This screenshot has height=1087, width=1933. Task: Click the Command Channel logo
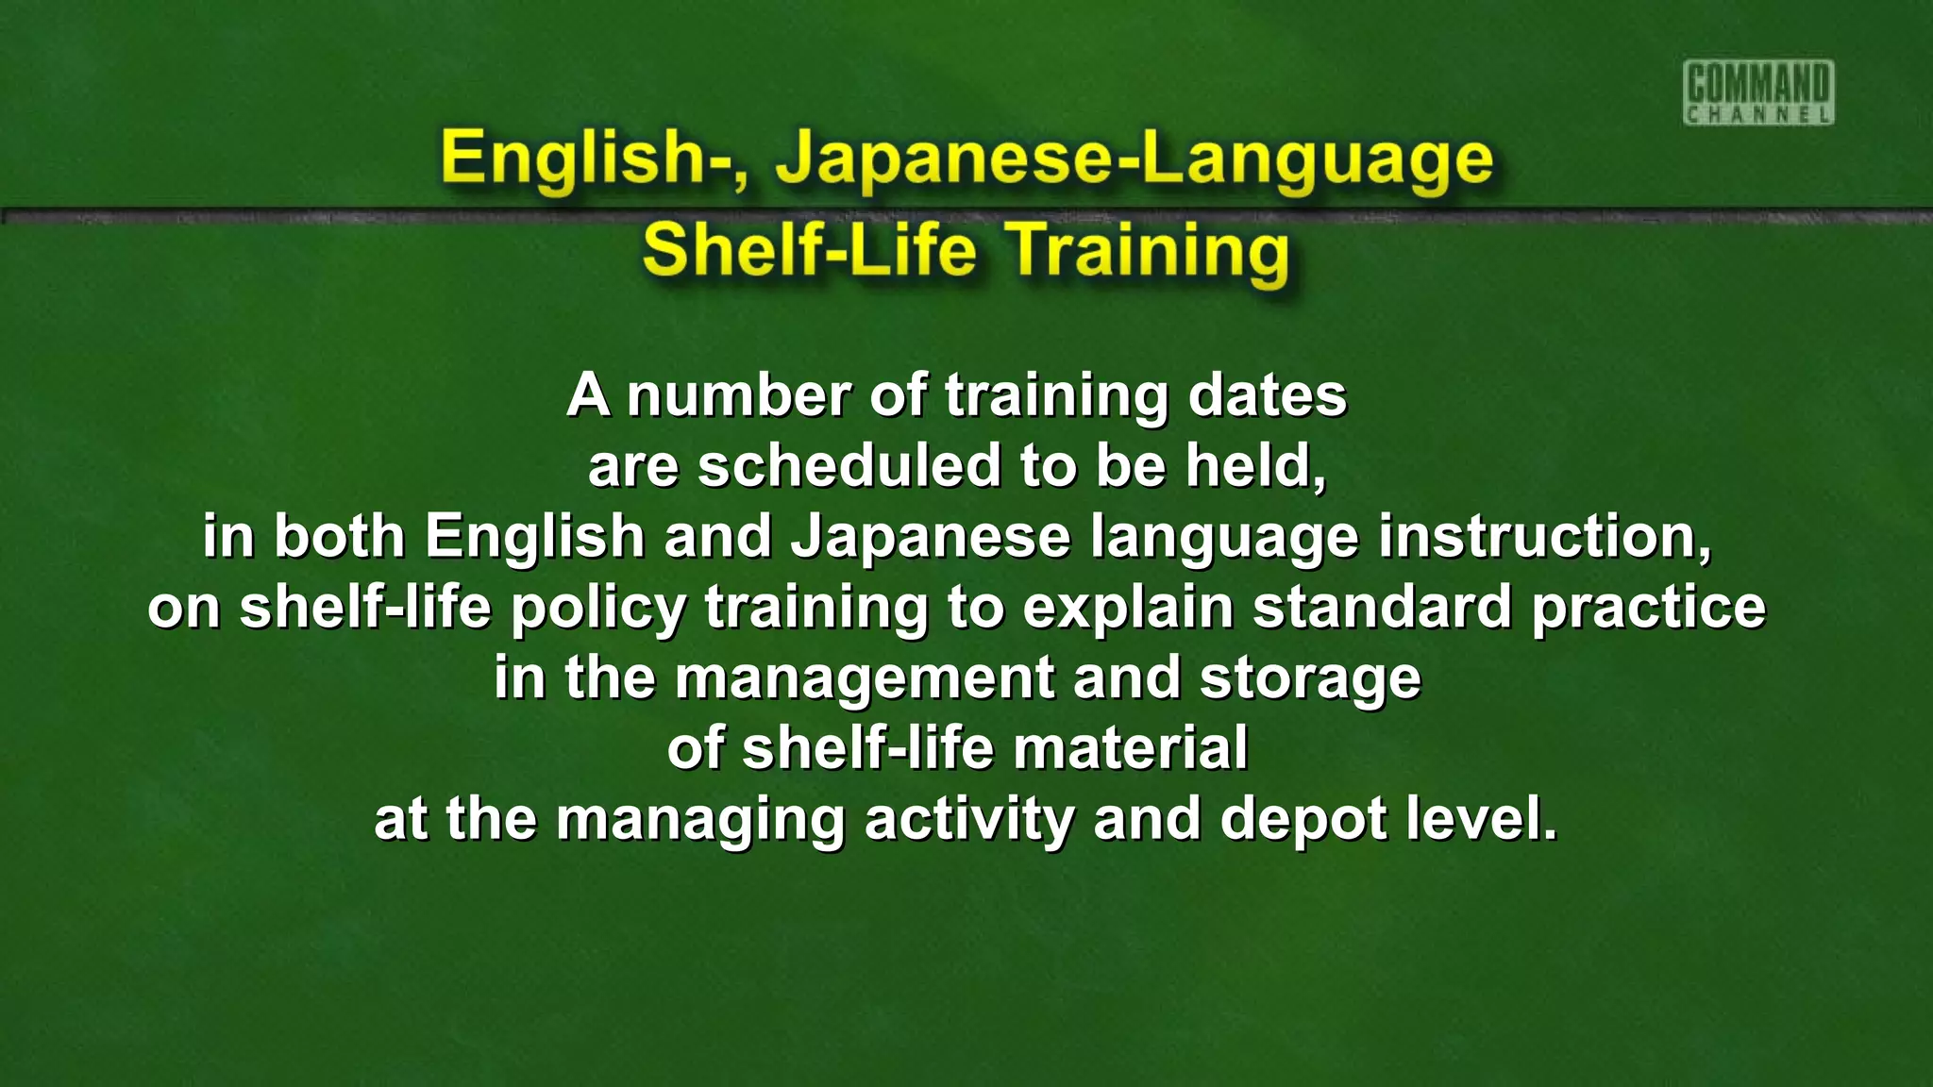click(x=1758, y=92)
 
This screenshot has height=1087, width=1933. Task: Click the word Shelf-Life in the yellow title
click(x=809, y=250)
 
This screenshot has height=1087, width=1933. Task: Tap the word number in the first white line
click(x=739, y=395)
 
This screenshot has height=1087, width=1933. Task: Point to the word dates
click(x=1267, y=395)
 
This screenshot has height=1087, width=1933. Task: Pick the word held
click(x=1254, y=466)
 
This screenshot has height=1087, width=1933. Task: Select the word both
click(x=339, y=536)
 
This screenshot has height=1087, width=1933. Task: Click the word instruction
click(x=1544, y=536)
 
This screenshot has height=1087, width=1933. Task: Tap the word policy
click(x=598, y=609)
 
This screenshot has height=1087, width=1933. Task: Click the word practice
click(x=1648, y=607)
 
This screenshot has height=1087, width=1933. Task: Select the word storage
click(x=1310, y=679)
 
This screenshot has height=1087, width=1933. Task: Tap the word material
click(x=1130, y=748)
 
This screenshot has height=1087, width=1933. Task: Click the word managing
click(x=699, y=820)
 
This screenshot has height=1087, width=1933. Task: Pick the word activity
click(x=969, y=820)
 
